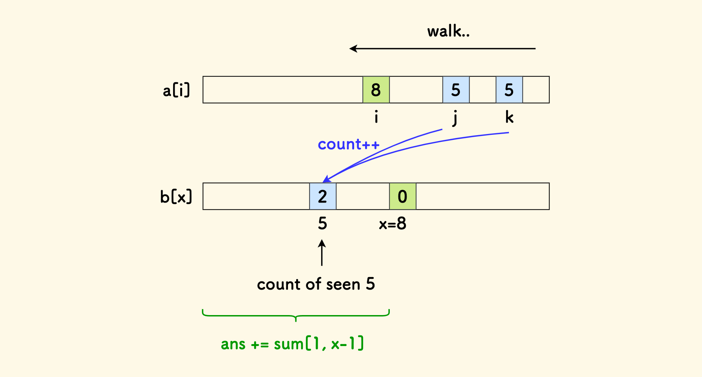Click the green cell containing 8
click(376, 90)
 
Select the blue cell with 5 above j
click(456, 90)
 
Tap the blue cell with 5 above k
click(509, 90)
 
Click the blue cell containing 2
click(323, 196)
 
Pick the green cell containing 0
click(403, 196)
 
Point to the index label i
click(376, 117)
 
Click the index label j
click(455, 118)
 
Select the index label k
click(509, 117)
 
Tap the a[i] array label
click(176, 90)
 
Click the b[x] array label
click(176, 197)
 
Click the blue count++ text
click(348, 145)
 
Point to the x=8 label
click(393, 224)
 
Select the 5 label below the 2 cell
click(322, 224)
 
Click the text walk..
click(448, 31)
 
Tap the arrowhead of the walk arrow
click(353, 49)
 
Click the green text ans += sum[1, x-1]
click(292, 344)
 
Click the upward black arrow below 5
click(322, 253)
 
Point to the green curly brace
click(296, 315)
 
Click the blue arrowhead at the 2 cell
click(326, 179)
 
